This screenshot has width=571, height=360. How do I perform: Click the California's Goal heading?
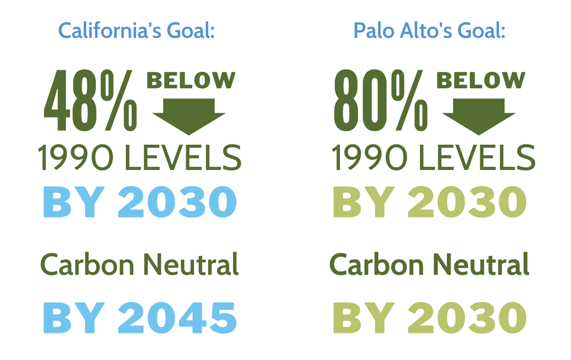137,30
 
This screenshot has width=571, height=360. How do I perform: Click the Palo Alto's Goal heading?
429,30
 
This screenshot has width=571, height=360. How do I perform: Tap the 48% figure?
90,100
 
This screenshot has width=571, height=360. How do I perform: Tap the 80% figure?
381,100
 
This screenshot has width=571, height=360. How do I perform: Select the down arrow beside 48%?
189,117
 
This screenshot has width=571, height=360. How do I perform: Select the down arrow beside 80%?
479,117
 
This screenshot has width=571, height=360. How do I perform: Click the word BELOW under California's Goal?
191,80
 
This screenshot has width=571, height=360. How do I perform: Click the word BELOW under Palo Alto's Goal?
481,80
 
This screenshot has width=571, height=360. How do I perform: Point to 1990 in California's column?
76,157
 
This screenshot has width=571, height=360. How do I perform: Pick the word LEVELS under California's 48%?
183,157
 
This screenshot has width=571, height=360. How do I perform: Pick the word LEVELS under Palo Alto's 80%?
477,157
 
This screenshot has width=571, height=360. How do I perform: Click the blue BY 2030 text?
140,202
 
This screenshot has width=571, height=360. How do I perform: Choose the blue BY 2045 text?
140,318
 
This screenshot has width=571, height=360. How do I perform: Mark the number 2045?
177,318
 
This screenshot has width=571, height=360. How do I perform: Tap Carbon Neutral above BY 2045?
139,264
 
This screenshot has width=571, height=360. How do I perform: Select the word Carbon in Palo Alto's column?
377,264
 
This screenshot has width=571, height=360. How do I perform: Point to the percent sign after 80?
410,100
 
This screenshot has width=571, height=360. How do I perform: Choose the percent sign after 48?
119,100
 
